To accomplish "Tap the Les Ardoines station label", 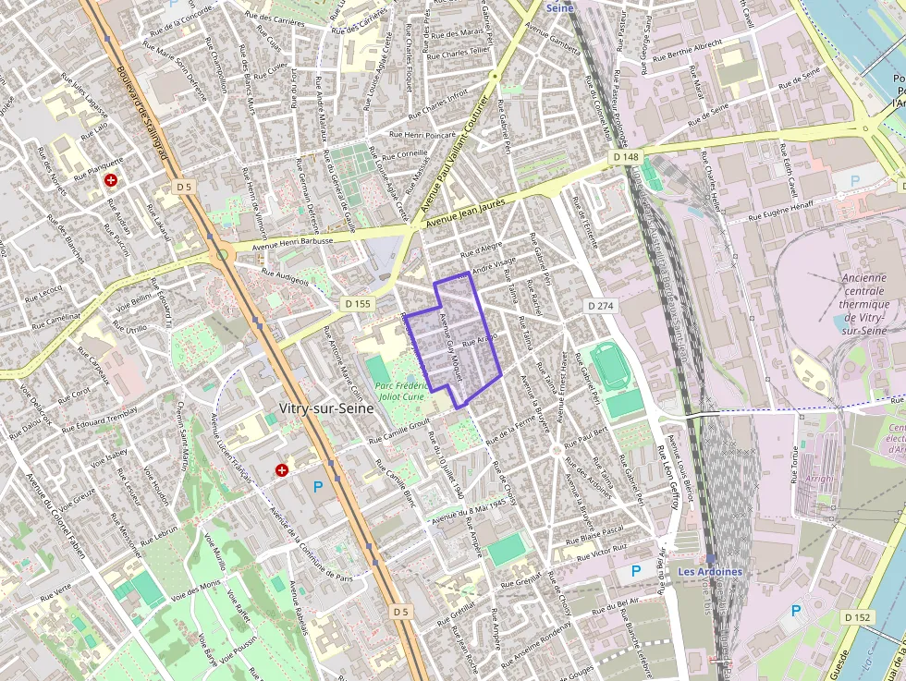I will (x=710, y=571).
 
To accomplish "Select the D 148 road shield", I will (x=626, y=158).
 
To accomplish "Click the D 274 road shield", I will (x=600, y=305).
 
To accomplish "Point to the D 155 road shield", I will (x=356, y=303).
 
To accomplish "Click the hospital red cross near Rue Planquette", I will (x=111, y=181).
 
